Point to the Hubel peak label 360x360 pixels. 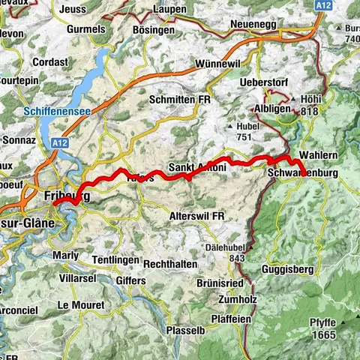[247, 127]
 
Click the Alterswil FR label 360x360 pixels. [197, 215]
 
